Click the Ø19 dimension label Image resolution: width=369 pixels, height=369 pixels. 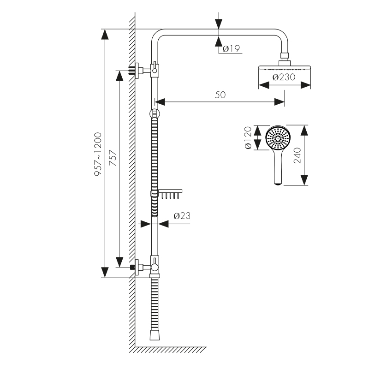point(232,48)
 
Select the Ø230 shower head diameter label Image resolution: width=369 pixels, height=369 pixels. point(284,77)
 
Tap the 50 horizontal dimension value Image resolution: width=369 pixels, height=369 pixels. point(220,95)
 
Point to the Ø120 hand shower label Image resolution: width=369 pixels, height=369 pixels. point(248,137)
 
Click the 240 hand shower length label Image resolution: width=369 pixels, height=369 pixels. point(297,156)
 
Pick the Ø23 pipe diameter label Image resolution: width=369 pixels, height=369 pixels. point(181,215)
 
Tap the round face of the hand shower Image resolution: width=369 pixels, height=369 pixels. point(278,137)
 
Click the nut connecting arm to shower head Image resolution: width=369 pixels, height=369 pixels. point(285,59)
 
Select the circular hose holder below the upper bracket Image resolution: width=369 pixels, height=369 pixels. point(154,113)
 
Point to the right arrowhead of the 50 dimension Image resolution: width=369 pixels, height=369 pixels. point(280,101)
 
